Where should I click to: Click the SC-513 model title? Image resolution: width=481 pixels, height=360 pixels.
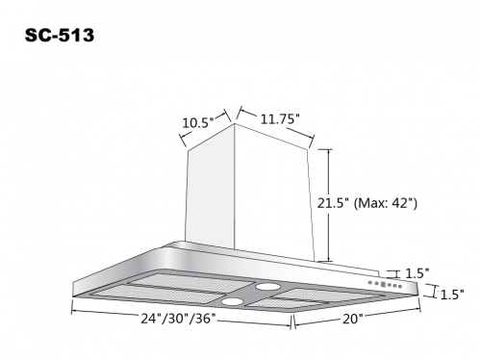[60, 35]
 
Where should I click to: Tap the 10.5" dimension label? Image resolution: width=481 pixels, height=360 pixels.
[197, 123]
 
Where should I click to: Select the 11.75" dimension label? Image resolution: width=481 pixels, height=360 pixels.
[279, 119]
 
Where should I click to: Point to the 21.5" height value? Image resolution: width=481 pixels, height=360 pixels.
[333, 203]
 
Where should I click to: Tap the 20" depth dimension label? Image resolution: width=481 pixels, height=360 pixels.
[352, 320]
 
